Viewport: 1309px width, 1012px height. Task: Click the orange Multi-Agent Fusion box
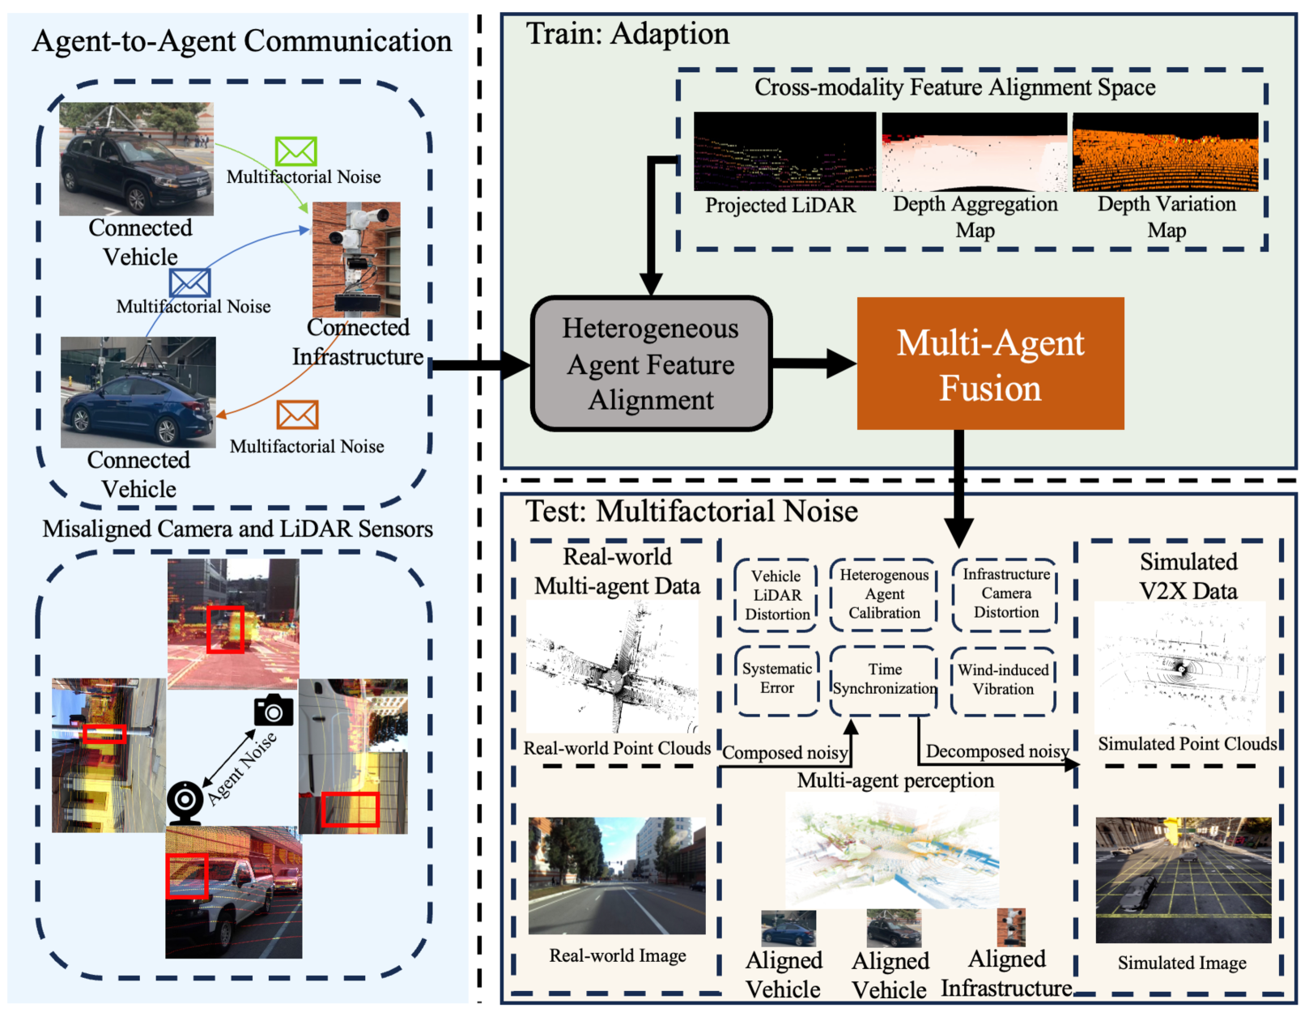990,364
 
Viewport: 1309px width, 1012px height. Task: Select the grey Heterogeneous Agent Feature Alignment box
651,364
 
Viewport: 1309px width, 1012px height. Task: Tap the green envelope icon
295,151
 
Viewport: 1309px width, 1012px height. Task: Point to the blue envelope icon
189,282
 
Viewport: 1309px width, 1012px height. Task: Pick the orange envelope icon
297,415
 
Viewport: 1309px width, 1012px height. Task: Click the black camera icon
274,709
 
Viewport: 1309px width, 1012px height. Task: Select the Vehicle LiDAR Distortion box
776,595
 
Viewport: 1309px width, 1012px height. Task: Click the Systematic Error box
777,679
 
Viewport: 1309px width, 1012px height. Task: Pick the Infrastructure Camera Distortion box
1005,594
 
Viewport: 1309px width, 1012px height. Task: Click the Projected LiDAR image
785,151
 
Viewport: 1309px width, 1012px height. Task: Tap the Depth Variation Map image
1165,152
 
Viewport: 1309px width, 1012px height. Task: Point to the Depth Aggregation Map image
974,152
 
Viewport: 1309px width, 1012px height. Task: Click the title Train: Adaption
627,33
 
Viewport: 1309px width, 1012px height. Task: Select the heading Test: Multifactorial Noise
691,512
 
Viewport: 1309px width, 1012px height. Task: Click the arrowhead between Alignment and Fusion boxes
842,364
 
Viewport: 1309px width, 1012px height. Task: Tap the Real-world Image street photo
617,876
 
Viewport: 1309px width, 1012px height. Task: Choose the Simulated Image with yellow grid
1183,880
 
